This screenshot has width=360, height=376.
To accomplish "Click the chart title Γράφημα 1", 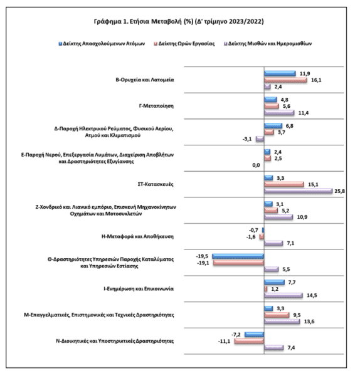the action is pos(179,21).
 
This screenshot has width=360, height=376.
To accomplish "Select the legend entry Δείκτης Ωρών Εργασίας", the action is pos(184,44).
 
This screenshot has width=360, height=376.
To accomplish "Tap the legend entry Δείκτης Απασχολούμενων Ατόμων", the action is pos(102,44).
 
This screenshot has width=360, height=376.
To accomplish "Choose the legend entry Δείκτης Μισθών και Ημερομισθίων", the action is pos(268,44).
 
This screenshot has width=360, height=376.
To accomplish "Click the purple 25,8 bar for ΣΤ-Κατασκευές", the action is pos(299,191).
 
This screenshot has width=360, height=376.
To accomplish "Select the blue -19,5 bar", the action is pos(238,256).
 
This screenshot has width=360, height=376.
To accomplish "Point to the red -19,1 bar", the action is pos(238,263).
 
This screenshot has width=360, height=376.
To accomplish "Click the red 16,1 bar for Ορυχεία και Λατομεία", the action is pos(285,80).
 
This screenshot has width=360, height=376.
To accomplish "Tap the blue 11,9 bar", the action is pos(280,73).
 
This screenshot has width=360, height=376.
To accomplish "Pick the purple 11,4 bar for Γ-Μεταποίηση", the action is pos(279,113).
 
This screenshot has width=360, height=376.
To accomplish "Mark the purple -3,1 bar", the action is pos(260,139).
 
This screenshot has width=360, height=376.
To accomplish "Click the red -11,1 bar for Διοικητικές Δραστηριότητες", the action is pos(250,341).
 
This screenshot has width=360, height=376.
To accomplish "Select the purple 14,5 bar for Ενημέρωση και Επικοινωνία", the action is pos(283,295).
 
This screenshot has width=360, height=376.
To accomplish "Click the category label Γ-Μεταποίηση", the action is pos(156,106).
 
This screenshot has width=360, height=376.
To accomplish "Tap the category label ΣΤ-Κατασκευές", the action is pos(156,184).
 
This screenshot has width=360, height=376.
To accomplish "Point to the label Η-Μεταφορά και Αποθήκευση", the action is pos(137,237).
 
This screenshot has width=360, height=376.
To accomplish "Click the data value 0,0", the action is pos(256,165).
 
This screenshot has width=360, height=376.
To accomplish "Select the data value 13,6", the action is pos(309,321).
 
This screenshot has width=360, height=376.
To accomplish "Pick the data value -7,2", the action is pos(236,335).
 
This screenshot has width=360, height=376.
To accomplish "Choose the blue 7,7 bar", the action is pos(274,283).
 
